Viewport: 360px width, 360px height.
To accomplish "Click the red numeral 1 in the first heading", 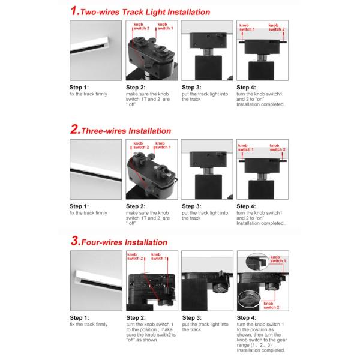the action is [x=74, y=11].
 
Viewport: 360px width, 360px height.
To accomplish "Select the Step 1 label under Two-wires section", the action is [x=79, y=88].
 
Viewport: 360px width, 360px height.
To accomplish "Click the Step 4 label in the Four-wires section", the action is [x=247, y=318].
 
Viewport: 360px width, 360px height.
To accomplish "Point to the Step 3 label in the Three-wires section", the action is [x=191, y=206].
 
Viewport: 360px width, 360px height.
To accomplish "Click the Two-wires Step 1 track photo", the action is [x=96, y=50].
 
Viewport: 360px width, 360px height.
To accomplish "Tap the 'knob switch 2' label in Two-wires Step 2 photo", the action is [x=141, y=26].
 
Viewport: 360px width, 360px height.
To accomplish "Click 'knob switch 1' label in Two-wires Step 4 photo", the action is [x=247, y=28].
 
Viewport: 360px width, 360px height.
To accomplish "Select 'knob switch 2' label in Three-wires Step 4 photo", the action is [x=277, y=148].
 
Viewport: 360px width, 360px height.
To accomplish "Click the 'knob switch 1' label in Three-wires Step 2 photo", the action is [x=163, y=145].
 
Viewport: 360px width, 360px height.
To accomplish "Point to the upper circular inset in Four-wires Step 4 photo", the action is [x=257, y=262].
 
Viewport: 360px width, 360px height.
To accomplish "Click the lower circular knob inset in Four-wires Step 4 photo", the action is [x=249, y=299].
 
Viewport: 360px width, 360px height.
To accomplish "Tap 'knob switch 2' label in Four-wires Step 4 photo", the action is [x=271, y=305].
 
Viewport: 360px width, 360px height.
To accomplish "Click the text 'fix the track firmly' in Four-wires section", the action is [x=89, y=325].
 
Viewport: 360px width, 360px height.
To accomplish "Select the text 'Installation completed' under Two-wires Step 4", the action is [x=261, y=104].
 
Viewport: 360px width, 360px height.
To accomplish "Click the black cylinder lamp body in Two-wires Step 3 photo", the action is [x=208, y=68].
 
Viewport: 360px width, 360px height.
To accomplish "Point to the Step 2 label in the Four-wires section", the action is [x=136, y=318].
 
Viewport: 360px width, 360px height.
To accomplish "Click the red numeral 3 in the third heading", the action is [x=74, y=241].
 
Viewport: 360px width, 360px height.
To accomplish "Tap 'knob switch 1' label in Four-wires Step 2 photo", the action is [x=159, y=256].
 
